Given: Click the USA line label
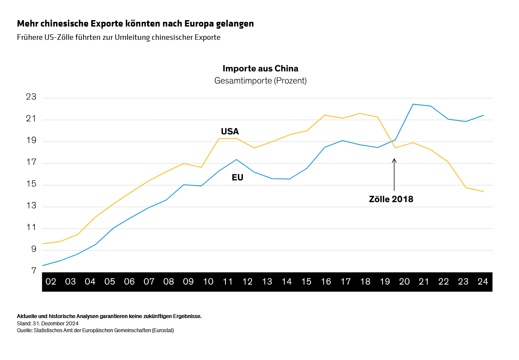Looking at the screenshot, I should click(x=230, y=131).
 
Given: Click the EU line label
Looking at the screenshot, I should click(x=237, y=177).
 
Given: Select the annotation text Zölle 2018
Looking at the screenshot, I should click(x=391, y=199).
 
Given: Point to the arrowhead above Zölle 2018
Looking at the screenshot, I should click(x=394, y=160).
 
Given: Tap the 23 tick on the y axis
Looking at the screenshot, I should click(x=31, y=98).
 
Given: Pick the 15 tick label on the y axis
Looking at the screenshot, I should click(x=31, y=184).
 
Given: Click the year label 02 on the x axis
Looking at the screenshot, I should click(x=51, y=282).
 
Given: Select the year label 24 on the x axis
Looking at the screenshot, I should click(x=483, y=282).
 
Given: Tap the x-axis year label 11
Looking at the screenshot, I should click(x=228, y=282).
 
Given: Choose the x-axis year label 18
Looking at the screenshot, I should click(x=365, y=282).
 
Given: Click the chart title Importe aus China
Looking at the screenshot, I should click(x=260, y=68).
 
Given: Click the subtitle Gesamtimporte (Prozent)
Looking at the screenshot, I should click(x=260, y=80).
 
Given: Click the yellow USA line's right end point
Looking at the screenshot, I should click(x=483, y=191).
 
